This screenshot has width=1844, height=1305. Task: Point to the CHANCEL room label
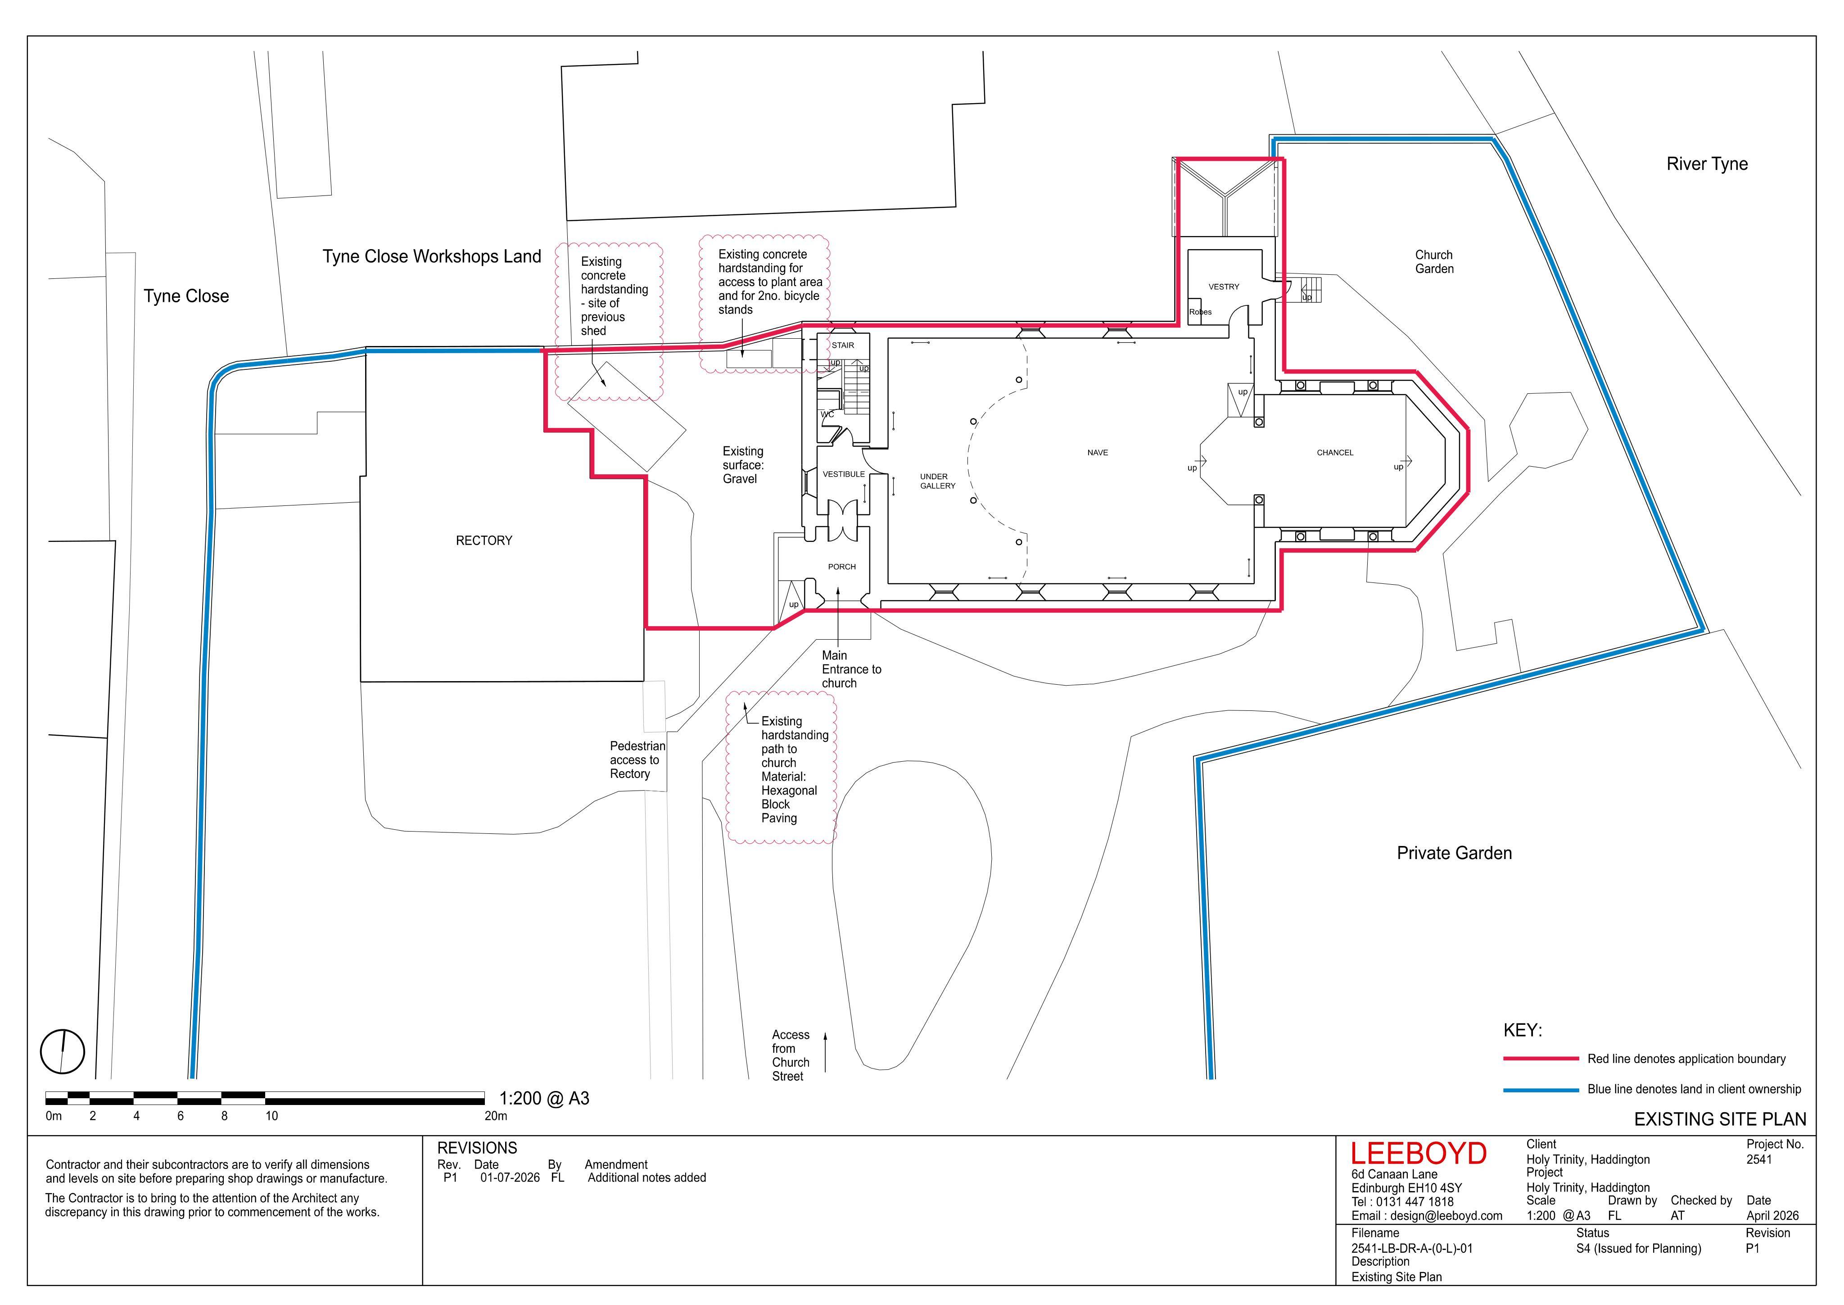point(1335,452)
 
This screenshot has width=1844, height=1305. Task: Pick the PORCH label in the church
point(842,567)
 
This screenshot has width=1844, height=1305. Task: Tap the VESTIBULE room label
point(843,474)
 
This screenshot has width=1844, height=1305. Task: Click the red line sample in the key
point(1541,1059)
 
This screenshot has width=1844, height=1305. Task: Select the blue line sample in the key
point(1541,1090)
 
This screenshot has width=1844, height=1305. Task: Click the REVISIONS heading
point(477,1148)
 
